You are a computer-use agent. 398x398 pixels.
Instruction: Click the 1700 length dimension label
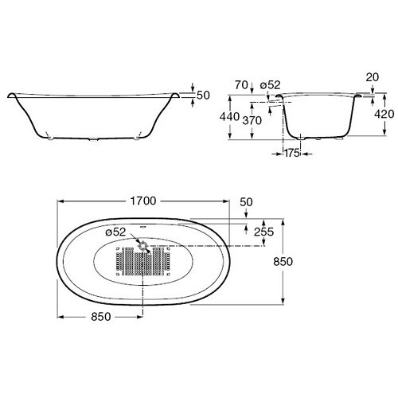143,201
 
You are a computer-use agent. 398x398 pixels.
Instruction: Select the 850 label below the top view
101,317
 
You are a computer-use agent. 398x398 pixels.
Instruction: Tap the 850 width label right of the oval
283,262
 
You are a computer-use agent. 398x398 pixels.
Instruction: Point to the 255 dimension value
263,232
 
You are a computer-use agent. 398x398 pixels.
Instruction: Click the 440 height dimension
229,117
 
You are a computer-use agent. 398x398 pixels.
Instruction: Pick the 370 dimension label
252,121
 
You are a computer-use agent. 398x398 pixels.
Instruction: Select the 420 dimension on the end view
384,114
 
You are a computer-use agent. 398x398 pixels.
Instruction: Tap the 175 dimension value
292,153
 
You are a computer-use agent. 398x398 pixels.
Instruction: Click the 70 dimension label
241,85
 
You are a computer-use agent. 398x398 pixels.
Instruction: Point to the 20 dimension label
373,77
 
